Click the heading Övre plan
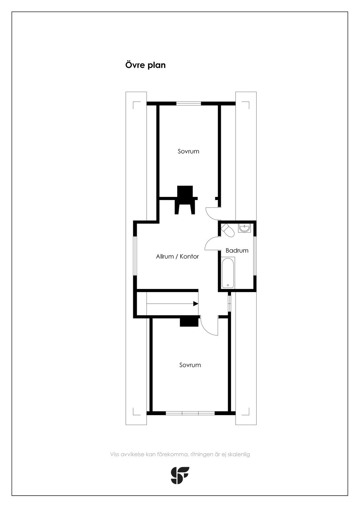[146, 65]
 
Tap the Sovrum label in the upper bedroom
[188, 152]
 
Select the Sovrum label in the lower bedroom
[190, 365]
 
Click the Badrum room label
[237, 250]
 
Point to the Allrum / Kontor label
[177, 257]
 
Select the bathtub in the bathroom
[228, 273]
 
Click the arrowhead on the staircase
[196, 304]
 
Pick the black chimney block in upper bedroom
[185, 200]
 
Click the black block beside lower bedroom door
[189, 322]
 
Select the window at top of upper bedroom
[189, 104]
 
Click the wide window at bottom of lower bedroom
[190, 437]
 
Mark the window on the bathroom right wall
[255, 256]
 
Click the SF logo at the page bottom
[180, 475]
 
